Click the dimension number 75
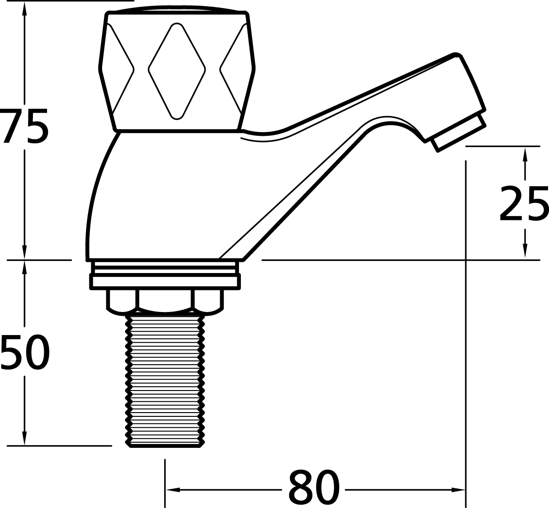24,126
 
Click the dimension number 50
24,352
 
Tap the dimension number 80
314,486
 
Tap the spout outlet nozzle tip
459,133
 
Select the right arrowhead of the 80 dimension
458,490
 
